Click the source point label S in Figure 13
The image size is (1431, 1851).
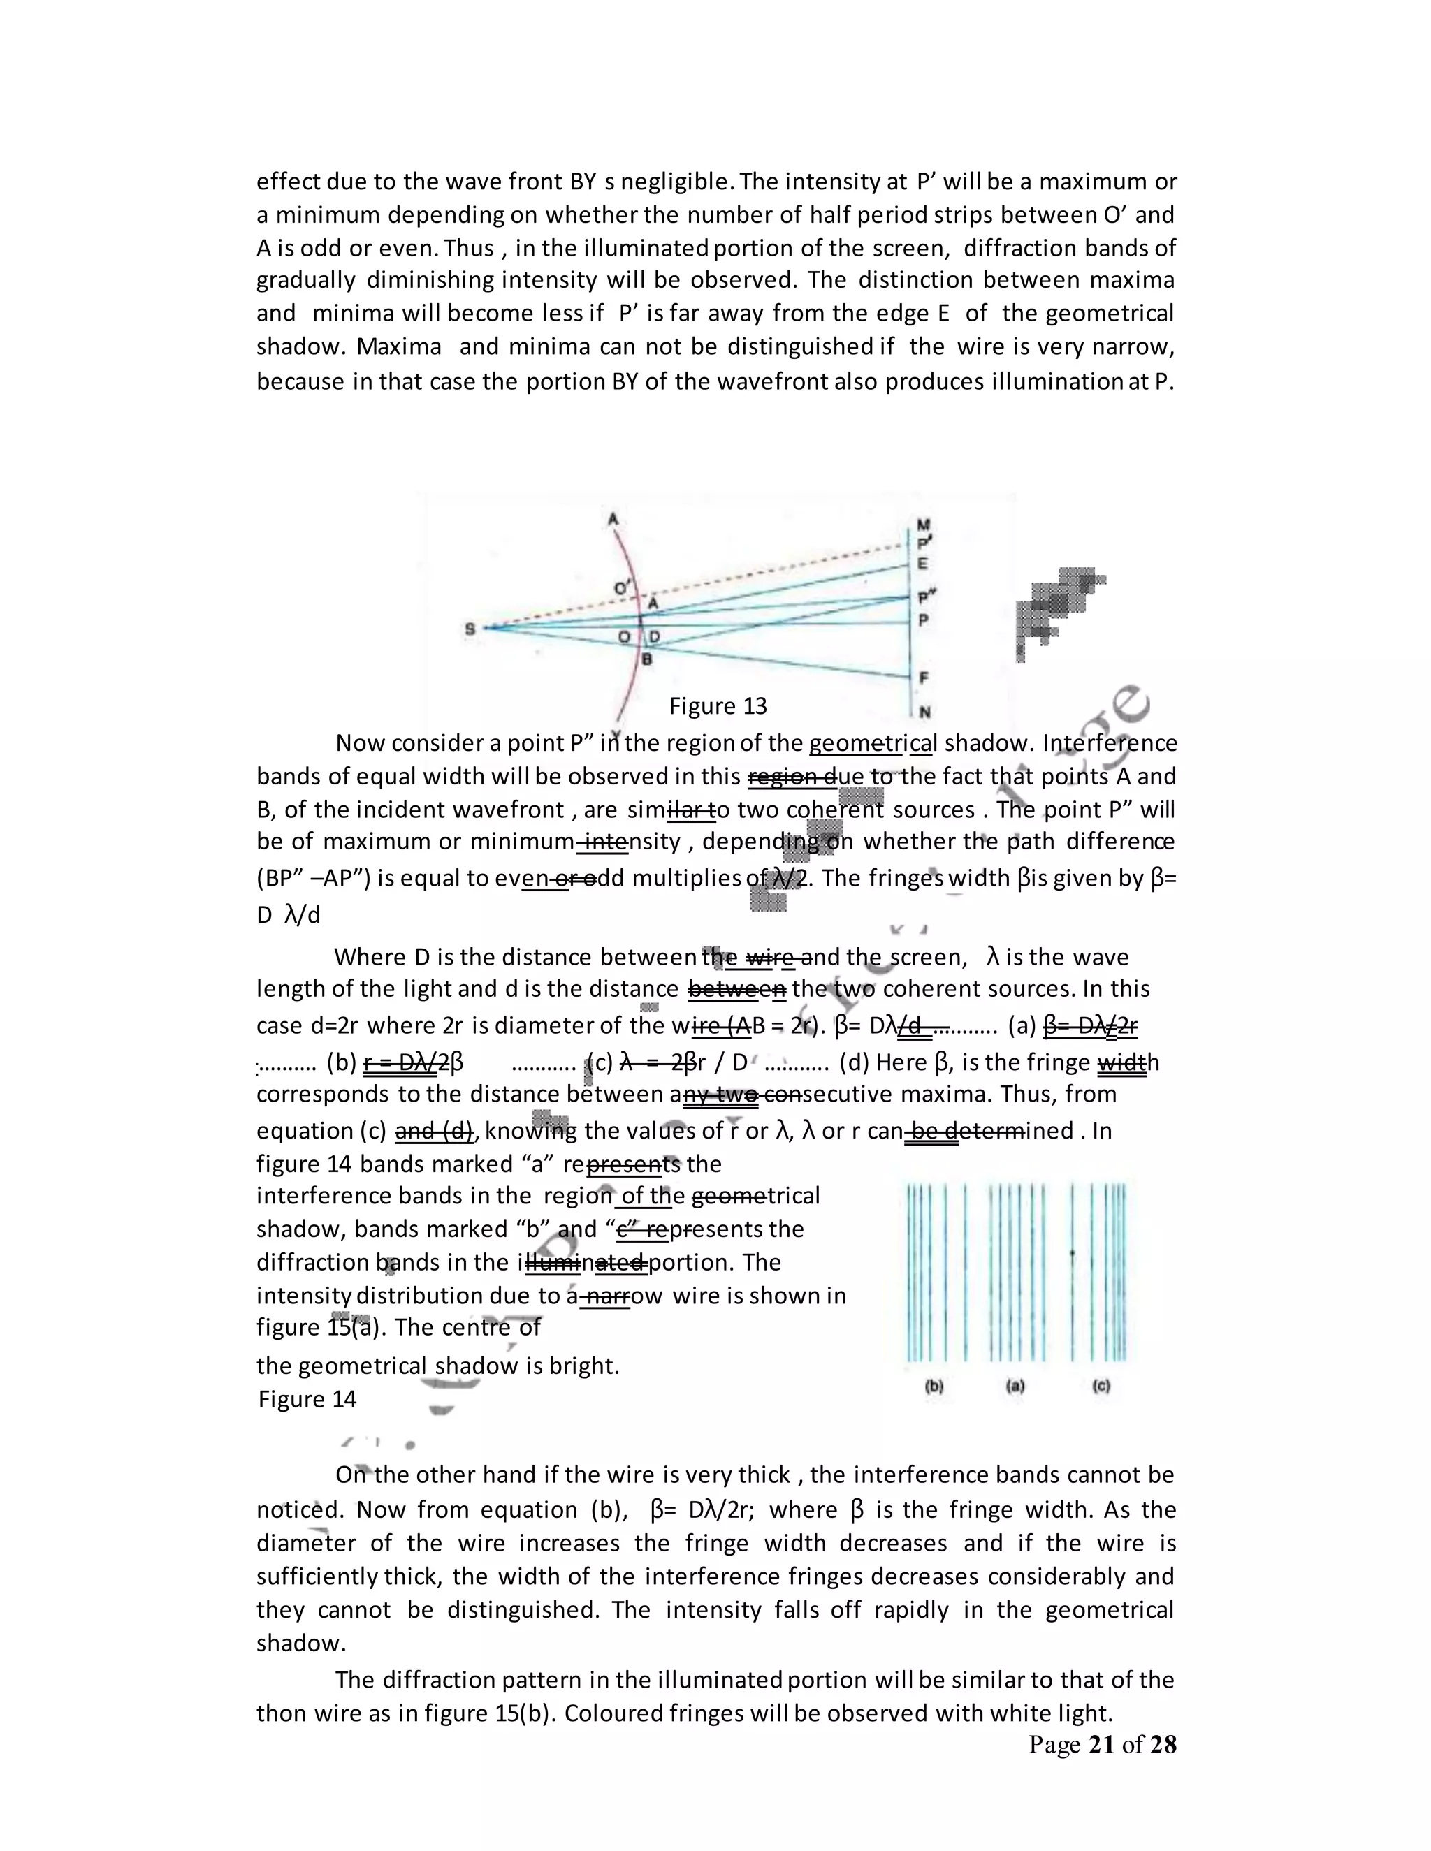click(470, 629)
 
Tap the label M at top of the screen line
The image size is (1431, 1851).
click(923, 525)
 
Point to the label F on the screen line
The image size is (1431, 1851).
click(923, 677)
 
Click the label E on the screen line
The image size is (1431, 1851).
click(922, 564)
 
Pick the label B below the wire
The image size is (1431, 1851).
click(646, 659)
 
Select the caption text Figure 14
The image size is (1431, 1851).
click(307, 1398)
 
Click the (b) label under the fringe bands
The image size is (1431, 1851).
click(934, 1387)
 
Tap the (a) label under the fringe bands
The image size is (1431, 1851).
click(1015, 1387)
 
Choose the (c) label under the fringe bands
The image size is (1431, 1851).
click(1101, 1387)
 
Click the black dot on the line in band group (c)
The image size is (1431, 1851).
click(1073, 1252)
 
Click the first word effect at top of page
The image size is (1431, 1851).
click(289, 182)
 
